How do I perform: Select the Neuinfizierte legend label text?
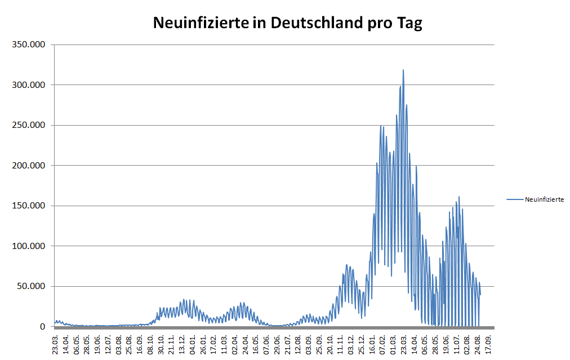pyautogui.click(x=544, y=199)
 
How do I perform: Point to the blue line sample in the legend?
pyautogui.click(x=515, y=199)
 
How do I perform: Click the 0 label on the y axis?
pyautogui.click(x=42, y=326)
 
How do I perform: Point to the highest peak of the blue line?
pyautogui.click(x=403, y=70)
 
